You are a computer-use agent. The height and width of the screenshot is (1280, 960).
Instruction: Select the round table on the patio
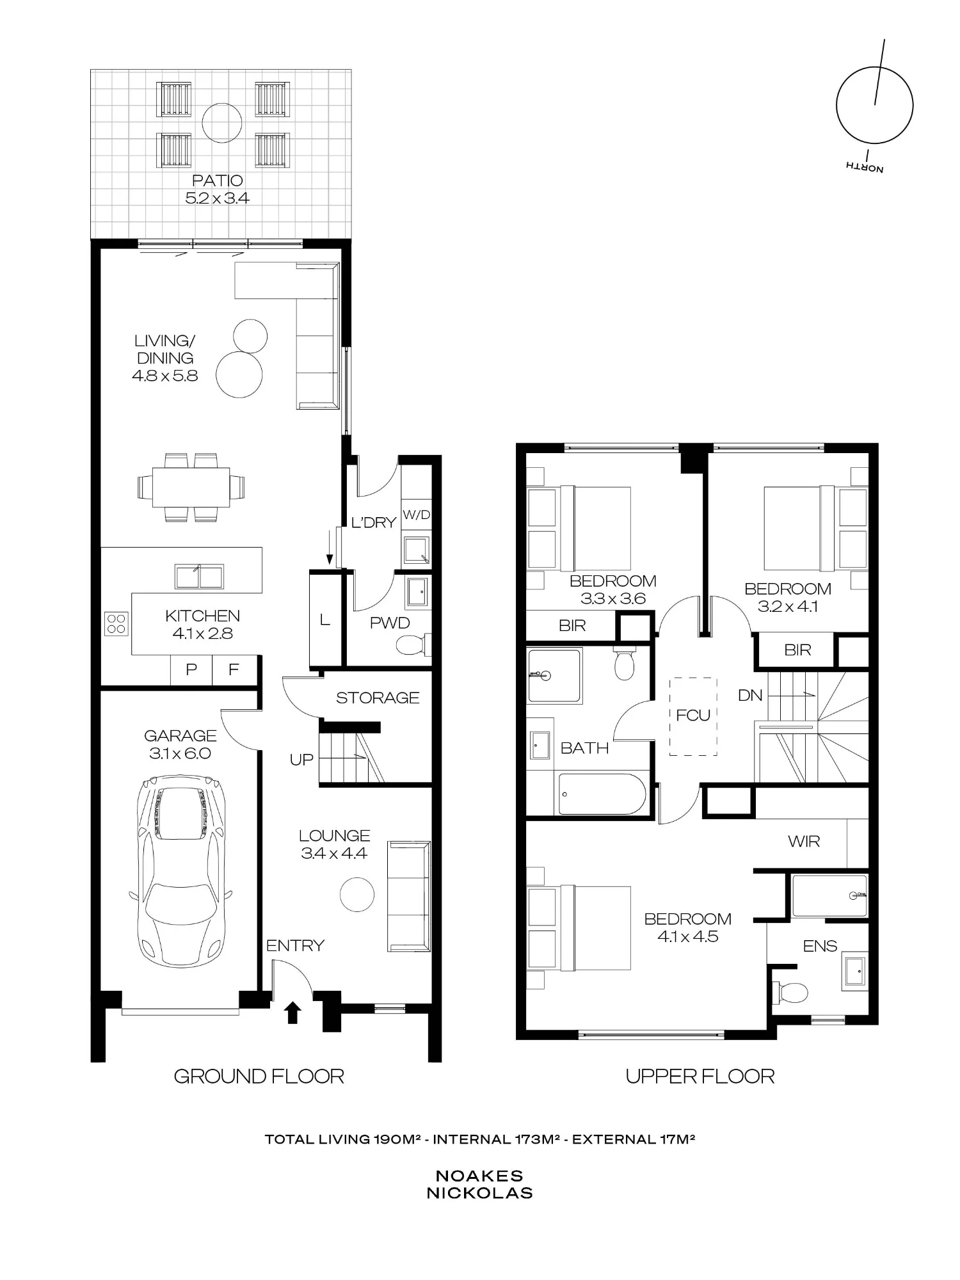222,123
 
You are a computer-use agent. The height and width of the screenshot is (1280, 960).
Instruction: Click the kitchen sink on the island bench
199,577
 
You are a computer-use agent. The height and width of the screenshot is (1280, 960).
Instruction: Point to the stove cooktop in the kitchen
116,624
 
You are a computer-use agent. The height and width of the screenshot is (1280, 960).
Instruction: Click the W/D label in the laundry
416,515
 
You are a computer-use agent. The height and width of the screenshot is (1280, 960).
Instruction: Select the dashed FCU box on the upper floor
693,716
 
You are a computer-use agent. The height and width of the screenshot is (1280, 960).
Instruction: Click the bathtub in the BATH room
602,794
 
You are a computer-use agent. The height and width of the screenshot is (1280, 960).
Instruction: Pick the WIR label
804,842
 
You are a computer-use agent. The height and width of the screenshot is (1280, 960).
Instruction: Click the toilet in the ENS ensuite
790,993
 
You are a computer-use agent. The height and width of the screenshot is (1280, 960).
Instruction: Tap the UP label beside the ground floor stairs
301,760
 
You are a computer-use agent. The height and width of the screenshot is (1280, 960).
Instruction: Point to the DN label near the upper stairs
750,695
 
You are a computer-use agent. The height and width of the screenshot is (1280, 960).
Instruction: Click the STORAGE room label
378,698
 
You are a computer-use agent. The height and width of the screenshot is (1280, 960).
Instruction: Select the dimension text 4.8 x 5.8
165,376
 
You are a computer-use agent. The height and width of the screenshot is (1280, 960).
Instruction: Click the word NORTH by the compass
865,167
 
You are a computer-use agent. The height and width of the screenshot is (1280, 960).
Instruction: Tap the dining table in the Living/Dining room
191,487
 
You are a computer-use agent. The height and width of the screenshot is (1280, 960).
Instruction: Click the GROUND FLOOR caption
259,1076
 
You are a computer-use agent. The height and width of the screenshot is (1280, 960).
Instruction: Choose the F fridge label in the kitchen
234,669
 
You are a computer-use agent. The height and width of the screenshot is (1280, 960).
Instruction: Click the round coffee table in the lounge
357,894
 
